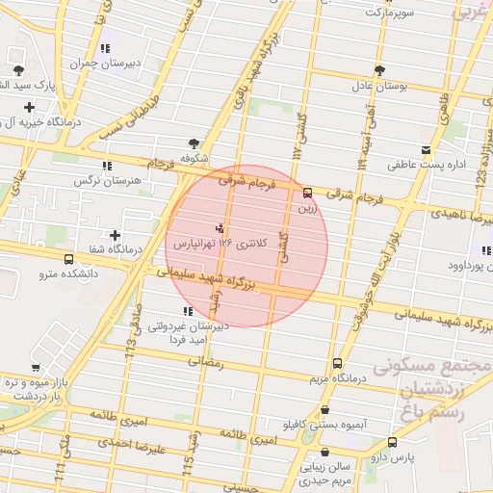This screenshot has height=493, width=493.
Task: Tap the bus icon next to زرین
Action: (x=307, y=192)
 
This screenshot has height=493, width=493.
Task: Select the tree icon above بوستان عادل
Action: (x=379, y=69)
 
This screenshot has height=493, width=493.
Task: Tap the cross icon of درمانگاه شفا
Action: (x=116, y=235)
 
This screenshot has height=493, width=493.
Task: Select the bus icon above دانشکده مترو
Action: (x=68, y=259)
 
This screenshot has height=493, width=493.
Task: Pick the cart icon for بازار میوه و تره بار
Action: (x=36, y=367)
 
